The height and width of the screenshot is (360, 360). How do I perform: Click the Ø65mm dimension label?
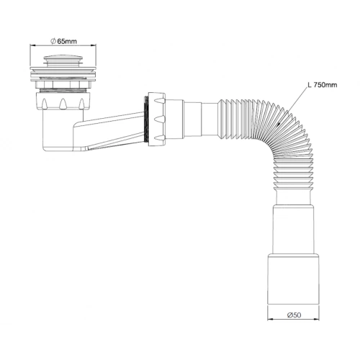click(63, 41)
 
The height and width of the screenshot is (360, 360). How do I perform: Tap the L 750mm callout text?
click(323, 85)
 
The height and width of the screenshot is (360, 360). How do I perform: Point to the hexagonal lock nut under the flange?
click(63, 84)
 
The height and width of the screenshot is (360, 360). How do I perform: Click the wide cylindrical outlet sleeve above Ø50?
click(293, 279)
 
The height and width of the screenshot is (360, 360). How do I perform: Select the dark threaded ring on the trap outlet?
click(145, 119)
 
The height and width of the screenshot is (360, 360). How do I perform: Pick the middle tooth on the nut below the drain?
click(63, 104)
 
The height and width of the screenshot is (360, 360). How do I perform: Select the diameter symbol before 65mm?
click(53, 41)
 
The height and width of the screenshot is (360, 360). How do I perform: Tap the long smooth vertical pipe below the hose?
click(293, 229)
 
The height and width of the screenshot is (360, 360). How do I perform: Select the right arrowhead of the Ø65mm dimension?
click(93, 45)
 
